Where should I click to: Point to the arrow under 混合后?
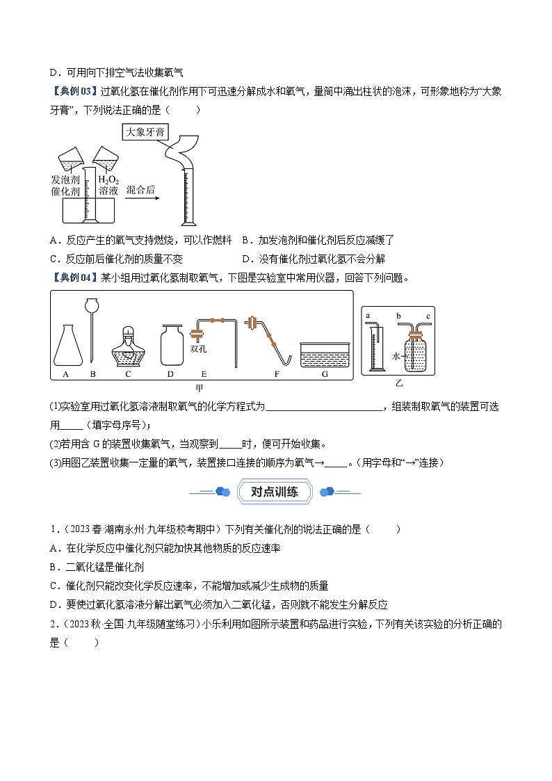[143, 198]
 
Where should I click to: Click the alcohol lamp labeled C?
[128, 348]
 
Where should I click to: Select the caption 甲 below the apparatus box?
[202, 388]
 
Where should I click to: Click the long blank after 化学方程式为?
[324, 407]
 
